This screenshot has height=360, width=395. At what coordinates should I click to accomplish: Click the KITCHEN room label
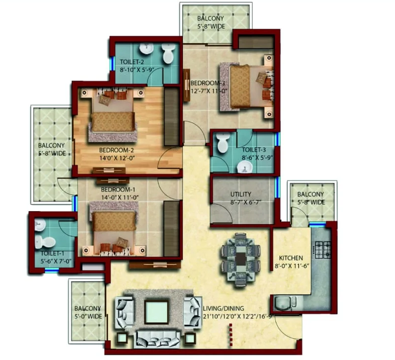coord(291,258)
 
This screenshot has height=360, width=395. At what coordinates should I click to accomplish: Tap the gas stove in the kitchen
coord(323,250)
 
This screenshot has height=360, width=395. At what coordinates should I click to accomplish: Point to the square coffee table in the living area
coord(156,313)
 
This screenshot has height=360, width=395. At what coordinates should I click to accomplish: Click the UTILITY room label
coord(241,194)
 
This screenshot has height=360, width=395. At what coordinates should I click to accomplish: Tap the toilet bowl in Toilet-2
coord(168,53)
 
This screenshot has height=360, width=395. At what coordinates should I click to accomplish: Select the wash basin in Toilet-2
coord(146,48)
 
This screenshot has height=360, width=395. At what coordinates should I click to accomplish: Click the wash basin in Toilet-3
coord(245,167)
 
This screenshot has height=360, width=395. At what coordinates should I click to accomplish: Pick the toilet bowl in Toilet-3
coord(223,143)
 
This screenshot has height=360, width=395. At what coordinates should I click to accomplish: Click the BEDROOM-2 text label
coord(116,150)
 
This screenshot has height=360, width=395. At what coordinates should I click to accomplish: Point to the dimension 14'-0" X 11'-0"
coord(120,197)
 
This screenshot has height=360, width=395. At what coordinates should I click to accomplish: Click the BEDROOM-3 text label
coord(208,83)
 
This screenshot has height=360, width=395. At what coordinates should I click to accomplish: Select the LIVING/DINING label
coord(223,309)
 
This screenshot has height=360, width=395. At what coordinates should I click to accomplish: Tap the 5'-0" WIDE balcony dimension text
coord(88,316)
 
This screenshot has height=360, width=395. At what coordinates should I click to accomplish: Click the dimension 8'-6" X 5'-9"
coord(258,158)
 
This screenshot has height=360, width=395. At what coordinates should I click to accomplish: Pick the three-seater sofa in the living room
coord(158,339)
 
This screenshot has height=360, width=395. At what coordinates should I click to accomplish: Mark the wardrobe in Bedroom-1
coord(172,229)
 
